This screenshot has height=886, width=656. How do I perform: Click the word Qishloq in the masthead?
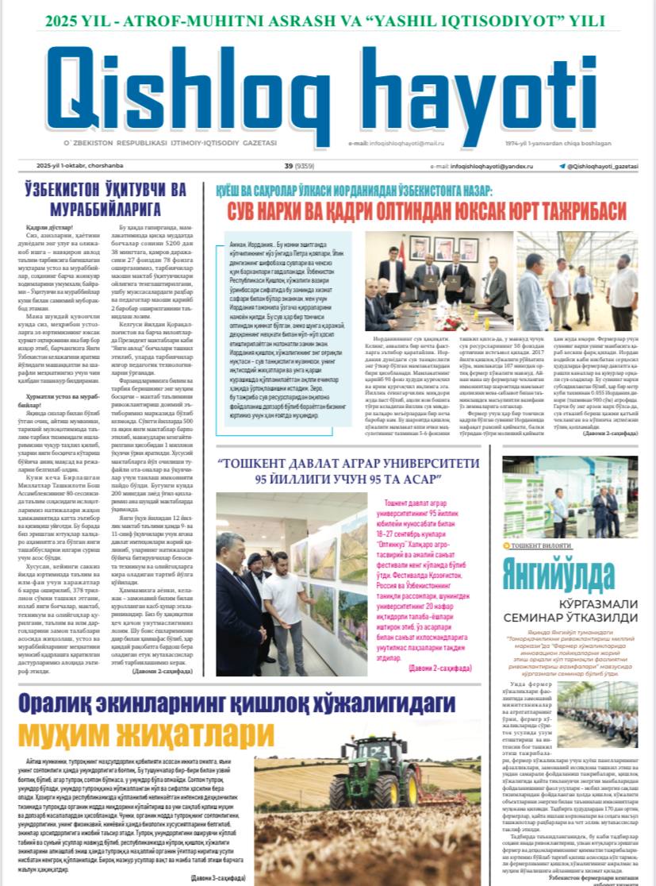(x=186, y=87)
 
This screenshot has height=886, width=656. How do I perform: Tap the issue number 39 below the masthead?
(x=288, y=166)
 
